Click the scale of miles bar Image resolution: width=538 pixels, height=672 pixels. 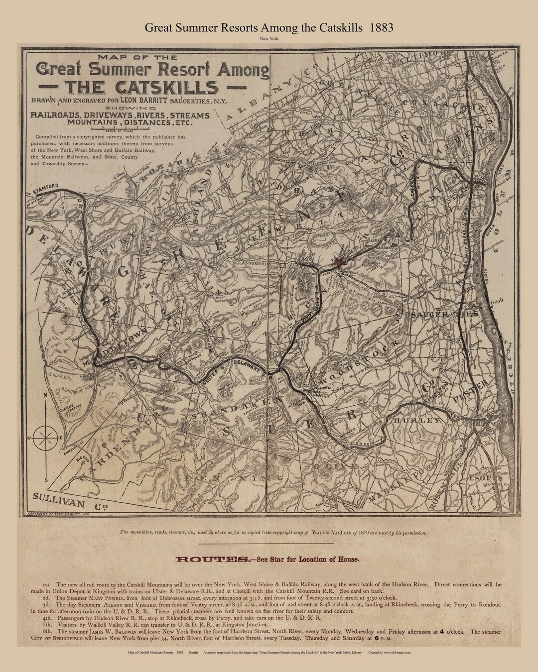pyautogui.click(x=125, y=129)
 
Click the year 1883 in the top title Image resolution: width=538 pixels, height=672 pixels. pyautogui.click(x=382, y=27)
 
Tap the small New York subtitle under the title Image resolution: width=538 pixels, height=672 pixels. pyautogui.click(x=269, y=38)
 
